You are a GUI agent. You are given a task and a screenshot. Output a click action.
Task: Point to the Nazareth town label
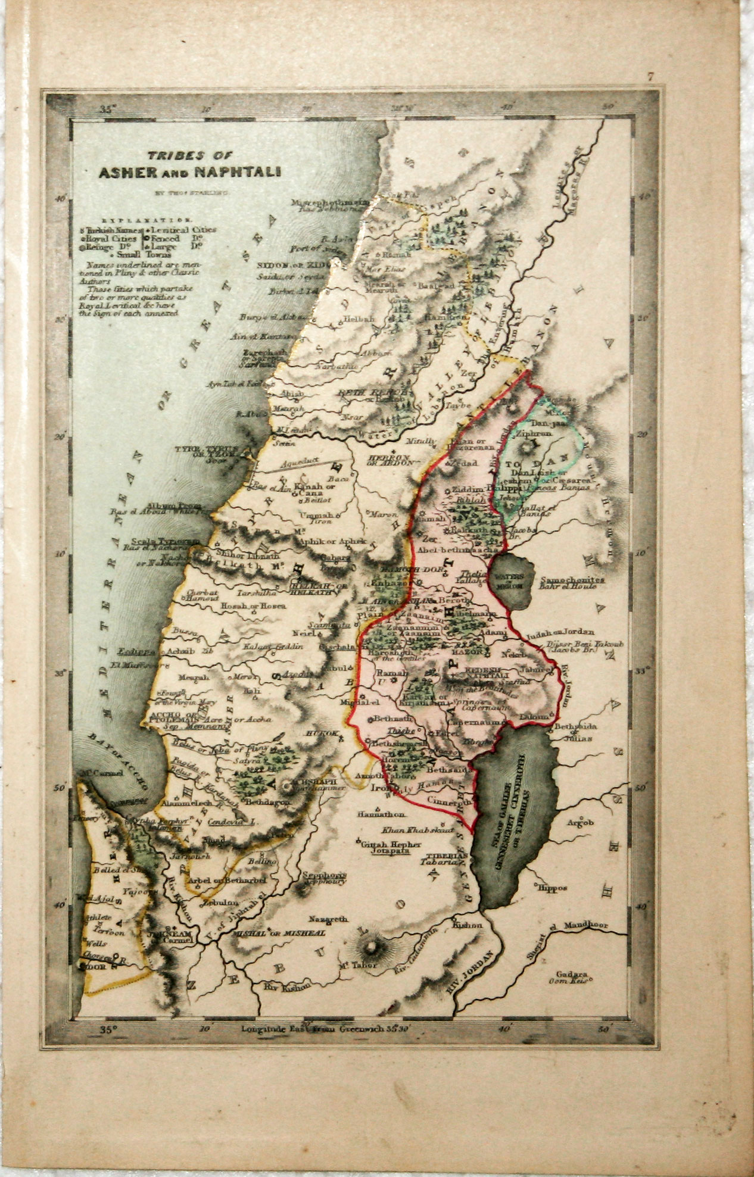coord(327,920)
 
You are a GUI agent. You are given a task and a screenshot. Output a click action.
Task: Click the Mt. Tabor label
coord(358,965)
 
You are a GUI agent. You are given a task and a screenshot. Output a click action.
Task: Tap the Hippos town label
coord(552,888)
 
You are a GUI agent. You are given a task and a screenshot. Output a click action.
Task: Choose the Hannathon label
coord(381,814)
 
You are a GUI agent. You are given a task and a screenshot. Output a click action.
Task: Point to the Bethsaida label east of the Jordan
coord(575,727)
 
